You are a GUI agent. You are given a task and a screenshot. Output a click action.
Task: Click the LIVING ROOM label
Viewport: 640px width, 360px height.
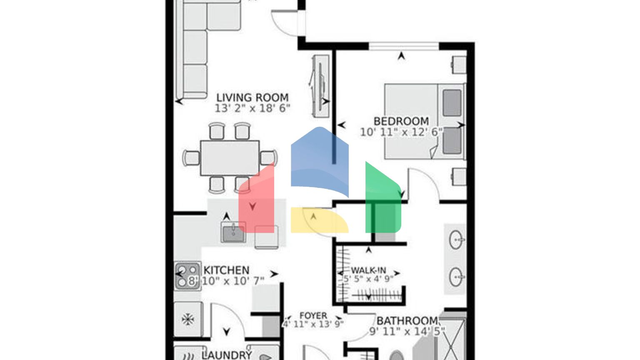click(x=252, y=97)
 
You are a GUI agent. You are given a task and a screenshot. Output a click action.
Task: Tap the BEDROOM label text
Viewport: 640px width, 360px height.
click(x=401, y=121)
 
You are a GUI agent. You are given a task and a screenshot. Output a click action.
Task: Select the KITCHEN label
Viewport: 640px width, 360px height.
click(x=226, y=270)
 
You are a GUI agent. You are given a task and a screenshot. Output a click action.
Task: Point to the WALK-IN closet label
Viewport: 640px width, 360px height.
click(x=368, y=270)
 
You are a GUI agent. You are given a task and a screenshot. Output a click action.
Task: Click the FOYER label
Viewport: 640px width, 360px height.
click(x=313, y=316)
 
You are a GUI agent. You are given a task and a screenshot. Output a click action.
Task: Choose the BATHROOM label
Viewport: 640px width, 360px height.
click(x=407, y=321)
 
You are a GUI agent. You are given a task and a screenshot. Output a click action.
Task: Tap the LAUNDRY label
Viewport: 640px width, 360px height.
click(x=227, y=355)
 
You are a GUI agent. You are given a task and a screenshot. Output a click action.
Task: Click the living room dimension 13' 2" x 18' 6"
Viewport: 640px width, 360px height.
click(x=252, y=108)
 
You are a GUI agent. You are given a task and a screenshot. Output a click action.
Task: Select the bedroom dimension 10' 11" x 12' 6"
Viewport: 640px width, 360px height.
click(x=401, y=132)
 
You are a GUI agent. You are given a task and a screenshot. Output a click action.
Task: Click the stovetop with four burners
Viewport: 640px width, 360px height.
click(x=187, y=276)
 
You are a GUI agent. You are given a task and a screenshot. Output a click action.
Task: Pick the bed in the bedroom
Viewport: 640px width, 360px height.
click(x=424, y=121)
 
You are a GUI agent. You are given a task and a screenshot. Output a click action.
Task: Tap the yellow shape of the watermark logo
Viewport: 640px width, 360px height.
click(x=319, y=220)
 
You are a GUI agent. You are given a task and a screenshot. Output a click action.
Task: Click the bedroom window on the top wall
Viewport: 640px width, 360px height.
click(x=403, y=46)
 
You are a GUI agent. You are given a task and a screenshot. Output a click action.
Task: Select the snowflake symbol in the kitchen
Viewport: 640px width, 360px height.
click(x=188, y=320)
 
